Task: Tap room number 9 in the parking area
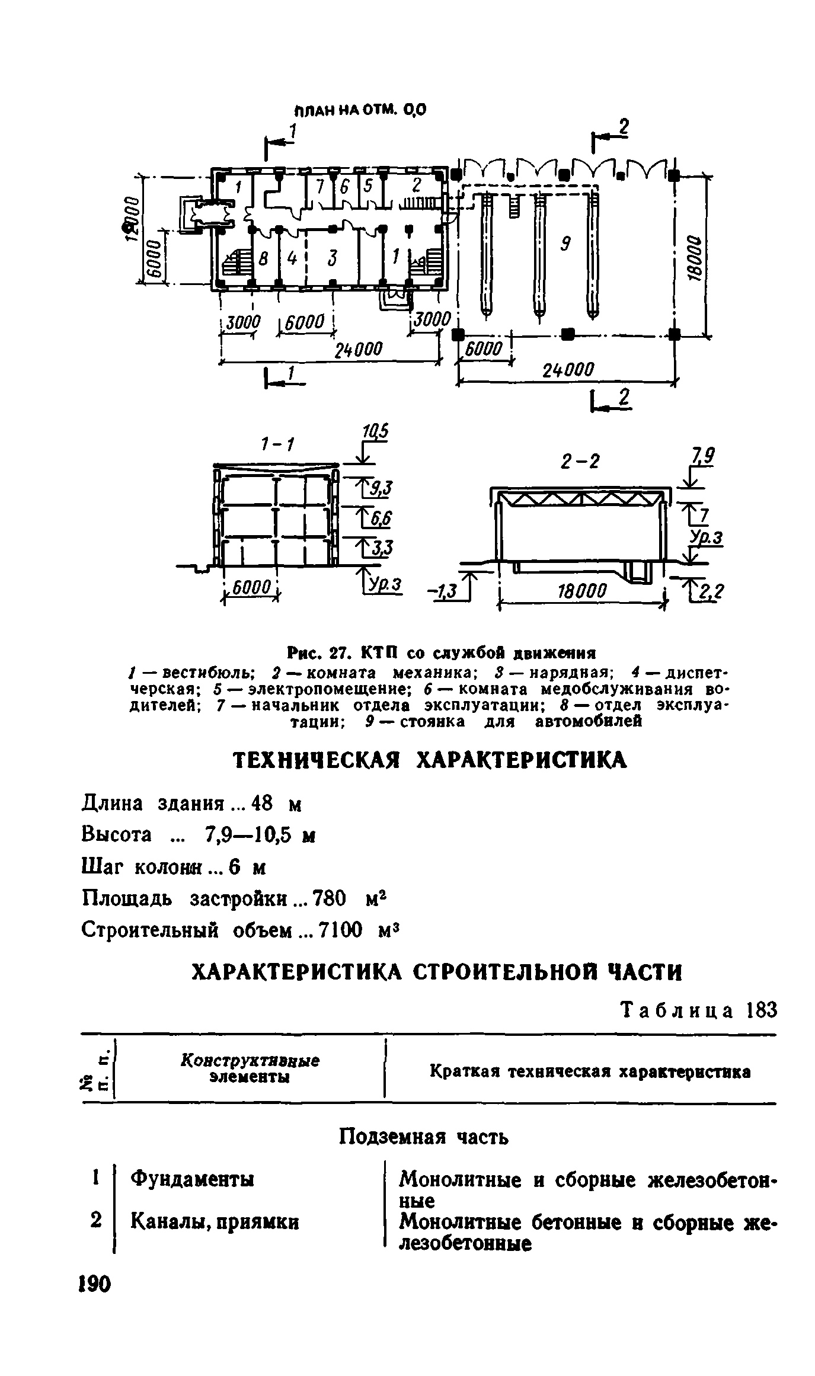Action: coord(565,243)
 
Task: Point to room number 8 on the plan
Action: coord(264,258)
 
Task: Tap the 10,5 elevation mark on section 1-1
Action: coord(375,432)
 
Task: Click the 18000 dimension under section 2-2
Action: coord(583,591)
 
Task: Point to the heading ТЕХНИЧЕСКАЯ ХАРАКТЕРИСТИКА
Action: coord(430,760)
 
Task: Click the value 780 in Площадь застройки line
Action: coord(328,900)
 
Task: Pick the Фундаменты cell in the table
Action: coord(192,1179)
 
